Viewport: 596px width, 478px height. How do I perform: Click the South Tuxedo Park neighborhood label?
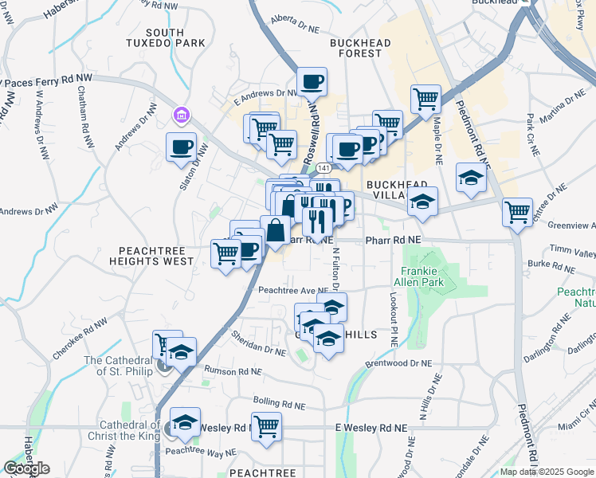click(x=165, y=39)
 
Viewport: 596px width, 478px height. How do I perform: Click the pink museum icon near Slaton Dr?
click(x=182, y=117)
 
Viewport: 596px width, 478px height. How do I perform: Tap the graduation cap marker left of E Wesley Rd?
click(x=186, y=421)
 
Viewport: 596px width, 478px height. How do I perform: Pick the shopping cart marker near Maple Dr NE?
click(x=425, y=99)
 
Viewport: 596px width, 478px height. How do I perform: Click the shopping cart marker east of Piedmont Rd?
click(x=518, y=212)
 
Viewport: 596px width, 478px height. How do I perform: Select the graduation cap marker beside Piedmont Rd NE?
click(x=472, y=177)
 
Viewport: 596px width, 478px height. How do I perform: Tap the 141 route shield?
click(x=323, y=169)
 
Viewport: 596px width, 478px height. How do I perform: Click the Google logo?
click(x=26, y=468)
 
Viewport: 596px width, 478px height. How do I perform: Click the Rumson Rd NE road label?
click(x=233, y=371)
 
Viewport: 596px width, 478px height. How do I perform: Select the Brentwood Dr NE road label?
click(x=398, y=362)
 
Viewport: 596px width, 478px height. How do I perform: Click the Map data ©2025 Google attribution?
click(x=547, y=472)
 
